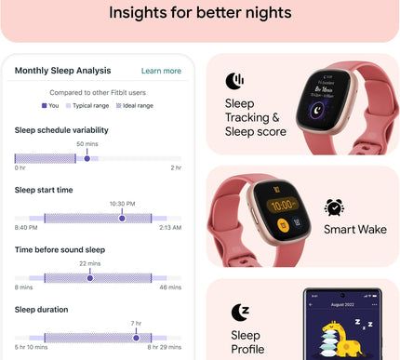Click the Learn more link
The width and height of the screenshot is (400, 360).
pos(161,71)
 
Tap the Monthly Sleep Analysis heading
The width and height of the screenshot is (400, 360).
pos(62,71)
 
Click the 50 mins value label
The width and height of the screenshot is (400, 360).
pos(87,144)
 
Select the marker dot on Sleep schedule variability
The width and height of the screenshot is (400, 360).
pos(87,158)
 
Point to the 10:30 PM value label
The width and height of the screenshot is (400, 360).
pos(122,204)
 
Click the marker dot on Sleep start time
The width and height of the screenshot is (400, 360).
pos(122,218)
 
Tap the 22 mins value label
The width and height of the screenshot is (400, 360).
pos(89,264)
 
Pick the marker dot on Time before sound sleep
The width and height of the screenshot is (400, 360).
pos(89,277)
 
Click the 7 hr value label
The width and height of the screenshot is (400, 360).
pos(136,323)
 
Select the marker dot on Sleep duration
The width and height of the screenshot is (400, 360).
pos(136,337)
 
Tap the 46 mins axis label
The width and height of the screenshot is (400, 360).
pos(170,287)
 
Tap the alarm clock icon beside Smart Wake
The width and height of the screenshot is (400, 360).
pos(334,207)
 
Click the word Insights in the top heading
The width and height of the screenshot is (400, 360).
pos(142,13)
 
